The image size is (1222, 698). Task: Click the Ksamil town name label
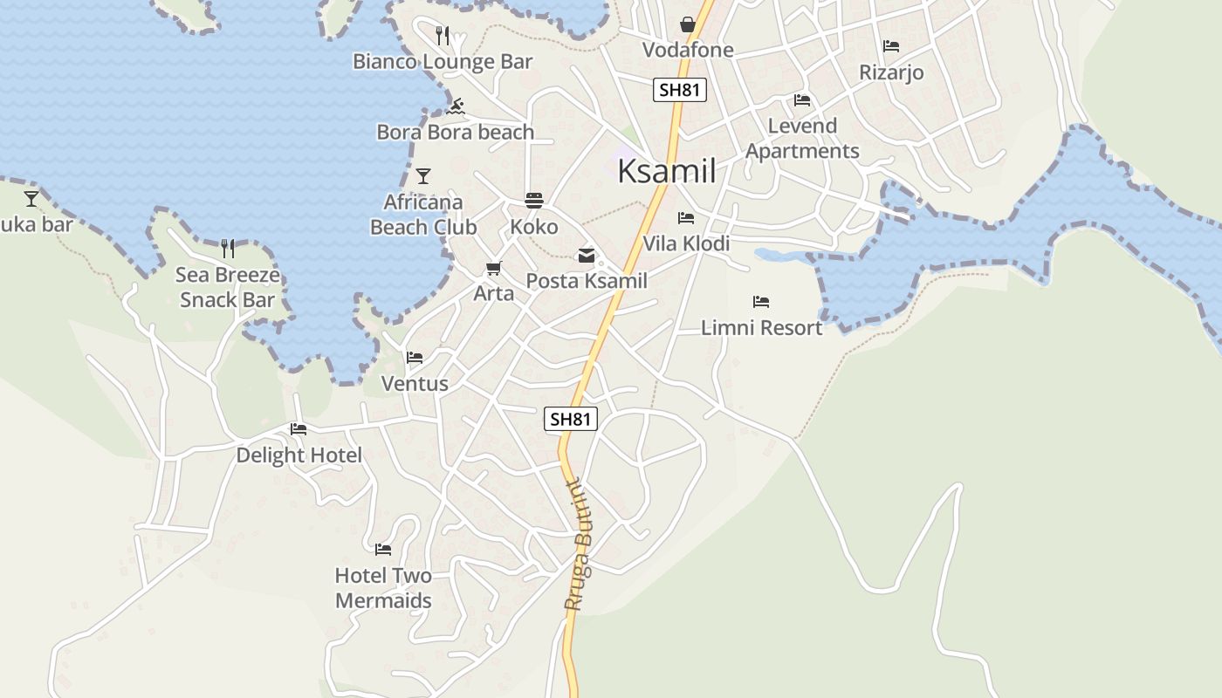(667, 171)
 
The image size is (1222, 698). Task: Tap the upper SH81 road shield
(679, 89)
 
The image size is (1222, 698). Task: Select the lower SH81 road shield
(572, 419)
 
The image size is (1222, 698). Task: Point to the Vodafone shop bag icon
(688, 24)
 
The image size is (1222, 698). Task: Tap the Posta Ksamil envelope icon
(587, 256)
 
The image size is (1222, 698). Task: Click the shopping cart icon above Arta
(494, 269)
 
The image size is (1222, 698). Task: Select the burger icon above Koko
(534, 201)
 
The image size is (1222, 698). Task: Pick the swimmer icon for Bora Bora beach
(455, 106)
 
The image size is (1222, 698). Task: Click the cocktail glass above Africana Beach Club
(423, 176)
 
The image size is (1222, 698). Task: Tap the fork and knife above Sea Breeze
(228, 249)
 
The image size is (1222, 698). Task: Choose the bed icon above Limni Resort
(761, 302)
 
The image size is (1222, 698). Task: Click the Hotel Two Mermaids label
(383, 588)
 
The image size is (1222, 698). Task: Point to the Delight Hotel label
(299, 455)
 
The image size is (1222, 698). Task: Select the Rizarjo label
(891, 72)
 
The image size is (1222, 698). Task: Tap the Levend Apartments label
(802, 138)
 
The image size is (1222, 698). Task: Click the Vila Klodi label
(686, 243)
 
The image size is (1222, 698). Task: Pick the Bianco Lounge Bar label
(443, 61)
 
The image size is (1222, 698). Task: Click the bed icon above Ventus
(415, 358)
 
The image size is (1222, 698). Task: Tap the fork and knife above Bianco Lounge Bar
(443, 35)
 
